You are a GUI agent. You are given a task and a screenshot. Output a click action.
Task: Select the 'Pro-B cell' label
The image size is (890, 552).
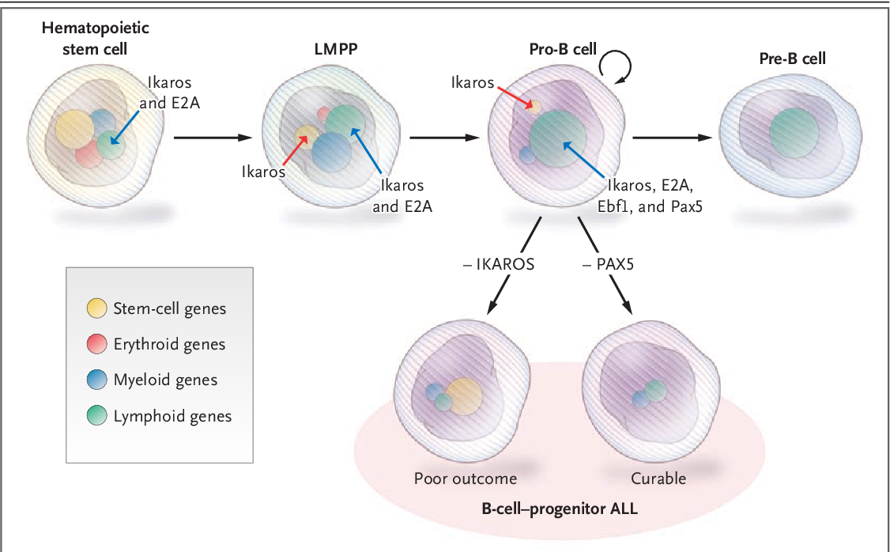562,49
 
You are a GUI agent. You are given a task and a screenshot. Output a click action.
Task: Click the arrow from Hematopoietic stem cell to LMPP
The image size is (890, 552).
212,138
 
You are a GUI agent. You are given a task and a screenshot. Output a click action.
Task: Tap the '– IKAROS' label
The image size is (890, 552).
499,265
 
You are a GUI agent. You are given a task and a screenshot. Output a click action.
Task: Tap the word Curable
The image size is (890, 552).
658,478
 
